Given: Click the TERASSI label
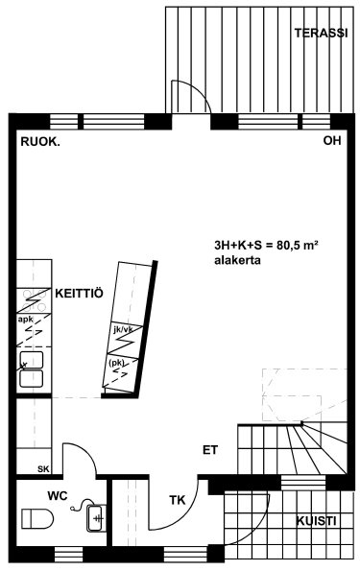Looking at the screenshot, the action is (x=321, y=34).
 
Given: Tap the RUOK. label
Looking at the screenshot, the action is (x=40, y=142).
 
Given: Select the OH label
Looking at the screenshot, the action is (x=332, y=140).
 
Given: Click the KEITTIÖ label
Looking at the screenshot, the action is (x=79, y=293).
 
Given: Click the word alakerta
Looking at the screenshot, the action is (x=237, y=260).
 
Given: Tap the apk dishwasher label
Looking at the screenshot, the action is (x=26, y=320).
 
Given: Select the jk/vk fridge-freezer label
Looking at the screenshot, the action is (x=124, y=329).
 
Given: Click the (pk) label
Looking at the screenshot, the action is (x=116, y=363).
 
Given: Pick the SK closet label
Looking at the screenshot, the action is (x=43, y=469).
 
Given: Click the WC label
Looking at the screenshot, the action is (x=58, y=495).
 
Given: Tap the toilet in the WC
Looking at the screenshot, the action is (x=37, y=518).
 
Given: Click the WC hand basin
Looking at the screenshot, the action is (x=96, y=517).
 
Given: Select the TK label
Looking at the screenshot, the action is (x=177, y=500).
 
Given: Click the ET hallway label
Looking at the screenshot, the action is (x=210, y=450).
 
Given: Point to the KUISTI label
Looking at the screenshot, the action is (x=316, y=521).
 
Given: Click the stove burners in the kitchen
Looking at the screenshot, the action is (x=34, y=300).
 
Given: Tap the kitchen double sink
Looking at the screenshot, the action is (x=32, y=369).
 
